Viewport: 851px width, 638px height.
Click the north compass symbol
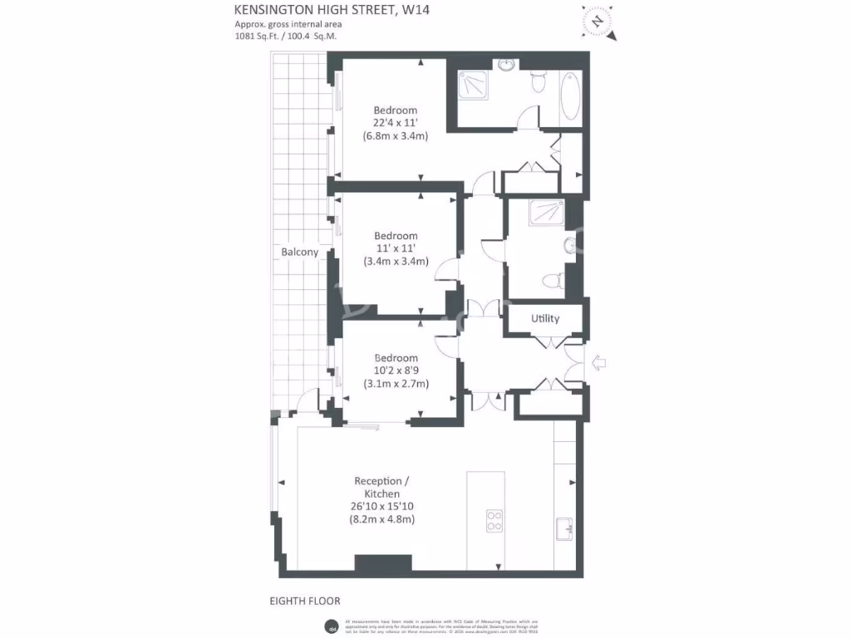pos(598,21)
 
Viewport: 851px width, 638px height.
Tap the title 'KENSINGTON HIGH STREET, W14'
pos(332,10)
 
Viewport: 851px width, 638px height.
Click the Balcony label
pos(299,252)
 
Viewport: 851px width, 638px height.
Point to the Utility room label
pos(545,318)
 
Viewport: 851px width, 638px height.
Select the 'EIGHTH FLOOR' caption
pos(305,601)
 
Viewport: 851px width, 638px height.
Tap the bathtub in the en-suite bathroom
pos(571,98)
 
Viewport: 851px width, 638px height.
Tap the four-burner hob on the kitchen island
pos(494,519)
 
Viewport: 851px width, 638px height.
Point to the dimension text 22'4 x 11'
pos(396,123)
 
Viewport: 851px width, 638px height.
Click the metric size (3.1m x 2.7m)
pos(396,384)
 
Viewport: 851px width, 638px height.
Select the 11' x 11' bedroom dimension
pos(396,248)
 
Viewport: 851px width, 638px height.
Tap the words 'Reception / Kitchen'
pos(382,488)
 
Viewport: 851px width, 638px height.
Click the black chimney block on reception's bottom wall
pos(383,562)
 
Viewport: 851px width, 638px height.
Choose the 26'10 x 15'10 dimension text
pos(382,507)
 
